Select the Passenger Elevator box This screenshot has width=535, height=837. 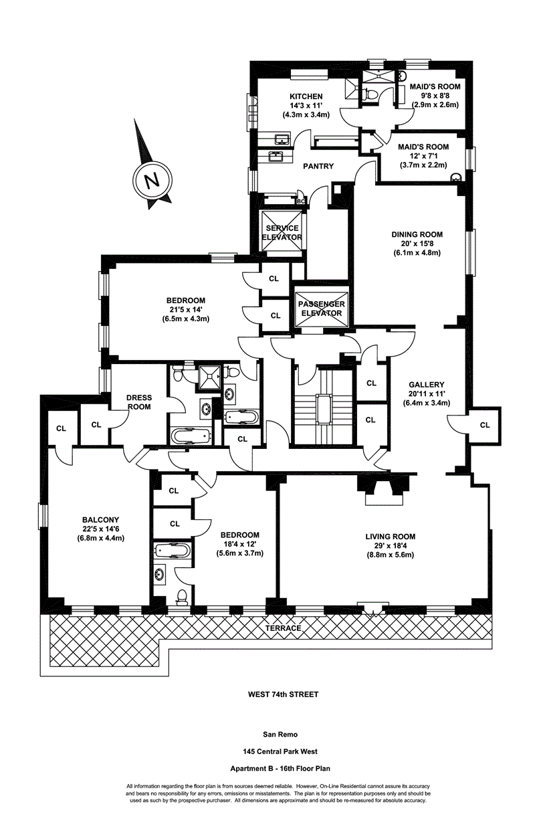point(322,308)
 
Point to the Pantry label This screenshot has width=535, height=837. point(318,167)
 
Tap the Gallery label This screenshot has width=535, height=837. point(426,385)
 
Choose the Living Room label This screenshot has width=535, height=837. point(391,536)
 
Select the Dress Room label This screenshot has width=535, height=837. point(138,401)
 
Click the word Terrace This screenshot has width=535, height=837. point(283,629)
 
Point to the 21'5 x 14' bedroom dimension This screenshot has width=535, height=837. point(186,310)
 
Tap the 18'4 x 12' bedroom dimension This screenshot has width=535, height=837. point(240,544)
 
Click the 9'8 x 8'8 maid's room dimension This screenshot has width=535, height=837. point(435,96)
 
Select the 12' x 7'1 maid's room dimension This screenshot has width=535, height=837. point(423,156)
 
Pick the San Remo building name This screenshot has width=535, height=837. point(280,733)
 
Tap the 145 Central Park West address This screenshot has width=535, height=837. point(280,751)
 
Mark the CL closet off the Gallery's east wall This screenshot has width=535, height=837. point(484,425)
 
